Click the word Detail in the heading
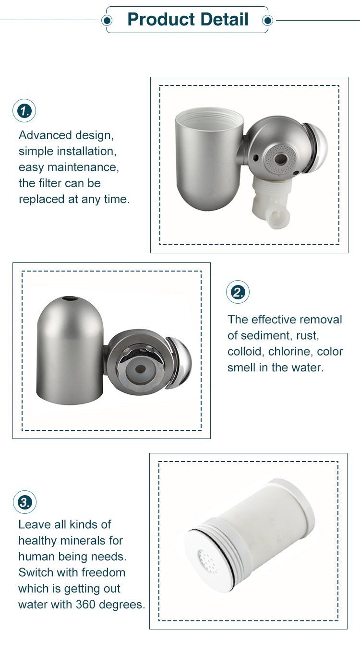[x=224, y=19]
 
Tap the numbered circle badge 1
[x=24, y=111]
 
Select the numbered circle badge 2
[x=238, y=292]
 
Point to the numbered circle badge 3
[x=25, y=502]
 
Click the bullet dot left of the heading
[x=107, y=20]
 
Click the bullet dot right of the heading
[x=267, y=20]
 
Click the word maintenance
[x=83, y=167]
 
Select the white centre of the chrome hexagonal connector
[x=140, y=369]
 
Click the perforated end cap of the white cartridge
[x=207, y=560]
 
